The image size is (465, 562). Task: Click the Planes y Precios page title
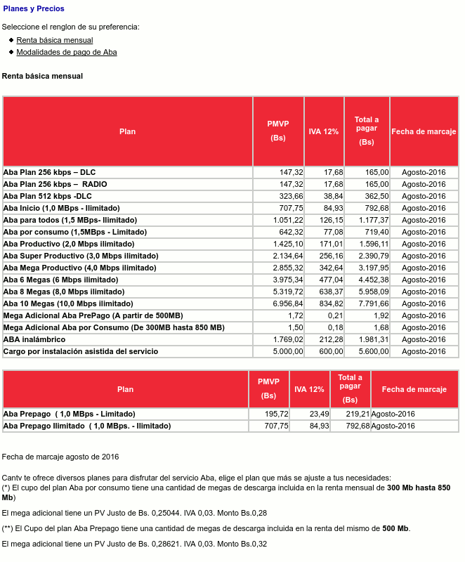click(x=34, y=9)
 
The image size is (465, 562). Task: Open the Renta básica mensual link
click(x=55, y=41)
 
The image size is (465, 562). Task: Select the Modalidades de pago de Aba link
click(x=67, y=52)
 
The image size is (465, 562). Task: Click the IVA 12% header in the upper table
click(x=324, y=131)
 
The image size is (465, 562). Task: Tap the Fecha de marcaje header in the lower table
click(x=414, y=389)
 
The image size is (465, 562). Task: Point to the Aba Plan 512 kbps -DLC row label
click(x=48, y=196)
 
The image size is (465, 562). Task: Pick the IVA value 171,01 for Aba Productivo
click(x=329, y=244)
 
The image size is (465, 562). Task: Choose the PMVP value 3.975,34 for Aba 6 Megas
click(x=288, y=280)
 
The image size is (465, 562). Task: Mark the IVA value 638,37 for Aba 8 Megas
click(x=329, y=292)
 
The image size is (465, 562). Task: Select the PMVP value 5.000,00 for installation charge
click(x=288, y=351)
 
